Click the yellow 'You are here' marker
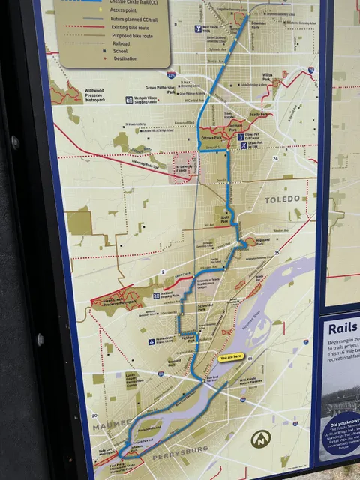[229, 358]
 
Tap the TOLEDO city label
[282, 199]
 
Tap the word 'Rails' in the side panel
[343, 326]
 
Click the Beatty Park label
[257, 114]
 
